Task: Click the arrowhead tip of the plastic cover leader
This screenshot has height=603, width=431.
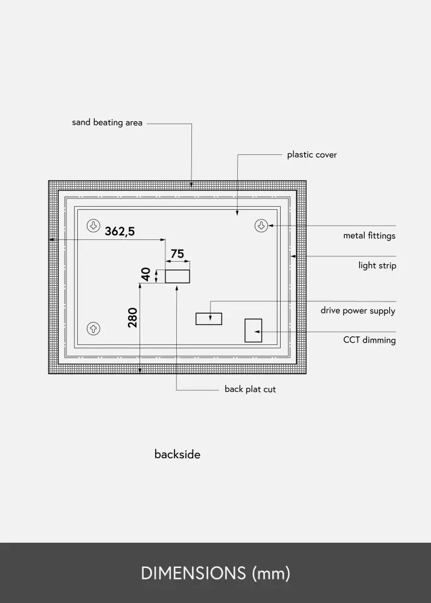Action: pos(237,215)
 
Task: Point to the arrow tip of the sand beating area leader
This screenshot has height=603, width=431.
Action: pos(191,188)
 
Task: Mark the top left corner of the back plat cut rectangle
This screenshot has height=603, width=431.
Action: pos(165,270)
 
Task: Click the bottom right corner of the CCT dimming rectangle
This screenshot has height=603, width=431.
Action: pos(262,342)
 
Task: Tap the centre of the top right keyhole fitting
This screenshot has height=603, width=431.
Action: pos(261,226)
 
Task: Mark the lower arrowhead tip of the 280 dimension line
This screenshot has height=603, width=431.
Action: pos(139,373)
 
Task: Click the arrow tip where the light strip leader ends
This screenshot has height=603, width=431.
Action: pos(290,256)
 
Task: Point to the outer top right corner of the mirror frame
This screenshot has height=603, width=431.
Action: pos(306,181)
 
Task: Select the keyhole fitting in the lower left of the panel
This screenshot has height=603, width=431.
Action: pos(94,329)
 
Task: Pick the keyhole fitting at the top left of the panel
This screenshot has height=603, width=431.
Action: pos(94,226)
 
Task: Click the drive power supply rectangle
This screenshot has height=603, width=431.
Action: pos(209,319)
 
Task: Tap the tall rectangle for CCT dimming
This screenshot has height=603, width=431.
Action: pos(253,330)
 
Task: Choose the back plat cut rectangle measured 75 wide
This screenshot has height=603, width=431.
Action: pos(177,277)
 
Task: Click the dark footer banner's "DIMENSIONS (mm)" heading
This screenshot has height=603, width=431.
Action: pos(215,573)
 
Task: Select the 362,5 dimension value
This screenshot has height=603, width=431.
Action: pos(120,231)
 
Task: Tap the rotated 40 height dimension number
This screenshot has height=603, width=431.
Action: pos(145,274)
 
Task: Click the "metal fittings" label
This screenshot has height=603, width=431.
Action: pos(369,235)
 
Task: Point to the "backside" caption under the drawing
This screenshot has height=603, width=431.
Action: pos(177,454)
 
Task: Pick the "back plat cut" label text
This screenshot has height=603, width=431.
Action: pos(250,389)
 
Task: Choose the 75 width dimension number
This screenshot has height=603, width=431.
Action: pos(177,254)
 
